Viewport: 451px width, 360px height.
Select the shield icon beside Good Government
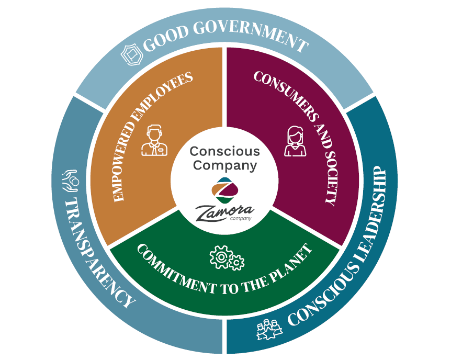click(x=131, y=53)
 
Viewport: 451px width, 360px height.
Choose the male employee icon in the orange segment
click(x=154, y=141)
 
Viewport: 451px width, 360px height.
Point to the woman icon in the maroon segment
click(x=294, y=141)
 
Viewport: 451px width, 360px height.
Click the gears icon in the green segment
click(x=227, y=257)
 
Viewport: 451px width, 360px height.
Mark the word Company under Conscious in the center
click(x=224, y=165)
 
